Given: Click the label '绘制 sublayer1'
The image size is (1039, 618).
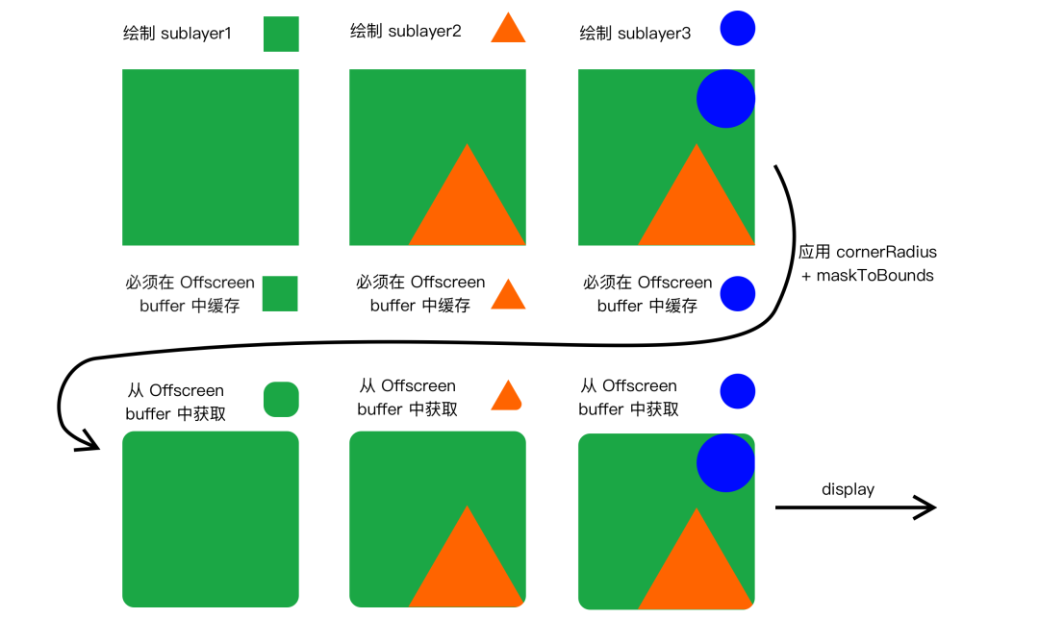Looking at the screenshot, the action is click(177, 33).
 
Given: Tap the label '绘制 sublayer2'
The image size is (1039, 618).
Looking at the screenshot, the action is click(406, 31).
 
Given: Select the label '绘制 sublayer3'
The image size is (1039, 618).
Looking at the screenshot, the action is click(635, 33).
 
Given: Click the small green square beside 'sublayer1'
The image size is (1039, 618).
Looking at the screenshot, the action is click(281, 34).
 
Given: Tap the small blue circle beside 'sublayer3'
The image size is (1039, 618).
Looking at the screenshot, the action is click(738, 29).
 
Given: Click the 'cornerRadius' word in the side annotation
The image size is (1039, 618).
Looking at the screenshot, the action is click(887, 252).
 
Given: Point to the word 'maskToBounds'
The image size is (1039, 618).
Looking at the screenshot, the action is click(874, 275).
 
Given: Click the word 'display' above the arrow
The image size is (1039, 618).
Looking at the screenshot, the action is click(849, 489).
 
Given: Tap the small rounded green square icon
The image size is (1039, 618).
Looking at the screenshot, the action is click(281, 400).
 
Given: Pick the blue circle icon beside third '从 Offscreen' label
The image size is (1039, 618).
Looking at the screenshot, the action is click(738, 391).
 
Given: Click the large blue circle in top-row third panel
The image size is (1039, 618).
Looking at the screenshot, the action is click(725, 99).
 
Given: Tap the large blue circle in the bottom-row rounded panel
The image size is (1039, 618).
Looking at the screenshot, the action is click(725, 462).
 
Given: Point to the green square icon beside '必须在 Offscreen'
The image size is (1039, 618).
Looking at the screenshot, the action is click(280, 294).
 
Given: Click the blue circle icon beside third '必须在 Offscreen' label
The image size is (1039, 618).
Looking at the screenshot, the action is click(738, 294).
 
